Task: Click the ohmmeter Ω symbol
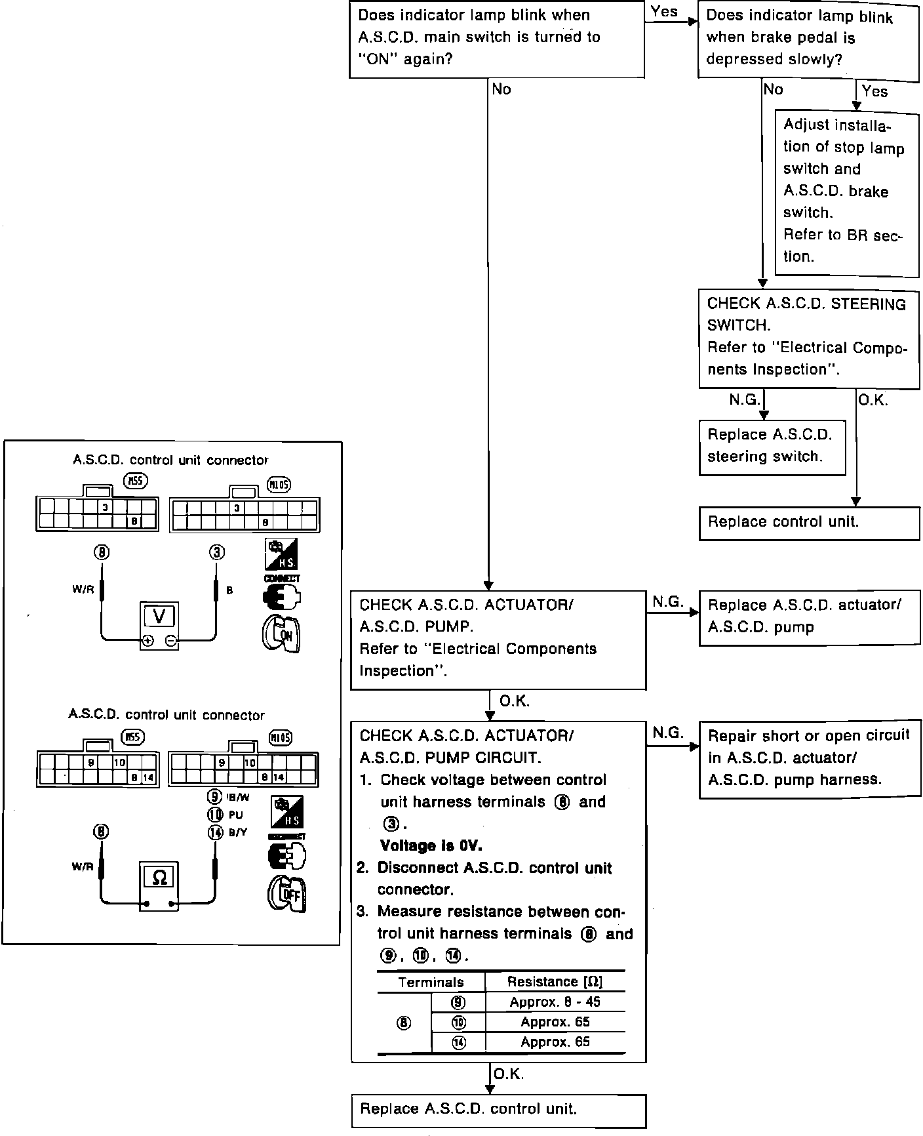pyautogui.click(x=159, y=877)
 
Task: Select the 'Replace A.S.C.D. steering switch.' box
pyautogui.click(x=772, y=447)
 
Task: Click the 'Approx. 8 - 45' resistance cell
pyautogui.click(x=555, y=1002)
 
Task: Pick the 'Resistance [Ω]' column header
pyautogui.click(x=555, y=981)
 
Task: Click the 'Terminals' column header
pyautogui.click(x=431, y=982)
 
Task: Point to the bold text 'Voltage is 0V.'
pyautogui.click(x=431, y=845)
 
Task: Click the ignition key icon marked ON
pyautogui.click(x=281, y=634)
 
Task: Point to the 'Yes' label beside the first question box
pyautogui.click(x=664, y=11)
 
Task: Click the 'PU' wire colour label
pyautogui.click(x=235, y=815)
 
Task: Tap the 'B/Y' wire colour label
pyautogui.click(x=237, y=832)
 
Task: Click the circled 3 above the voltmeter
pyautogui.click(x=216, y=552)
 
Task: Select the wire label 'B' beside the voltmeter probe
pyautogui.click(x=229, y=590)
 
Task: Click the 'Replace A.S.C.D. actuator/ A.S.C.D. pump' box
pyautogui.click(x=809, y=617)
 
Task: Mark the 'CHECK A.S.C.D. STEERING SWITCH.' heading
pyautogui.click(x=806, y=314)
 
